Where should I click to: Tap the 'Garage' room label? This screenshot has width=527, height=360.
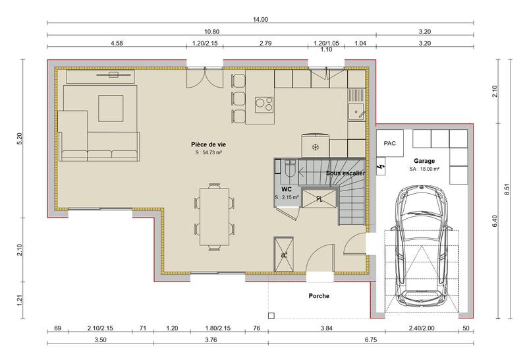coord(424,160)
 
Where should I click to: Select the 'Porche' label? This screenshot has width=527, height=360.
coord(318,296)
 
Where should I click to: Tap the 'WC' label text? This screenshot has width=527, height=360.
coord(286,189)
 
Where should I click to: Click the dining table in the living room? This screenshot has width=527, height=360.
coord(215,216)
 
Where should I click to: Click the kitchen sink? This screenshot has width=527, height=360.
coord(356,109)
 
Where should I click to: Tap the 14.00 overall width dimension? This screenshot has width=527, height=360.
coord(260,19)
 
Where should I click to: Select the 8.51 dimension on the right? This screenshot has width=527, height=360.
coord(507,189)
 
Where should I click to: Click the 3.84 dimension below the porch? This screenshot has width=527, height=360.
coord(326,328)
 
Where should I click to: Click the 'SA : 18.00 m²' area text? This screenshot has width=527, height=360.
coord(424,169)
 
